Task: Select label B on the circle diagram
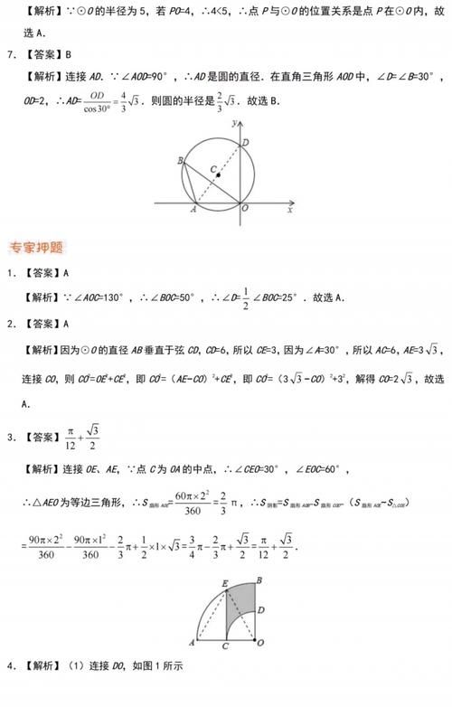pyautogui.click(x=181, y=161)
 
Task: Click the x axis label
pyautogui.click(x=289, y=210)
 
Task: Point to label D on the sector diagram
pyautogui.click(x=261, y=611)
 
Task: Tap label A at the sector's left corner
pyautogui.click(x=193, y=642)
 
